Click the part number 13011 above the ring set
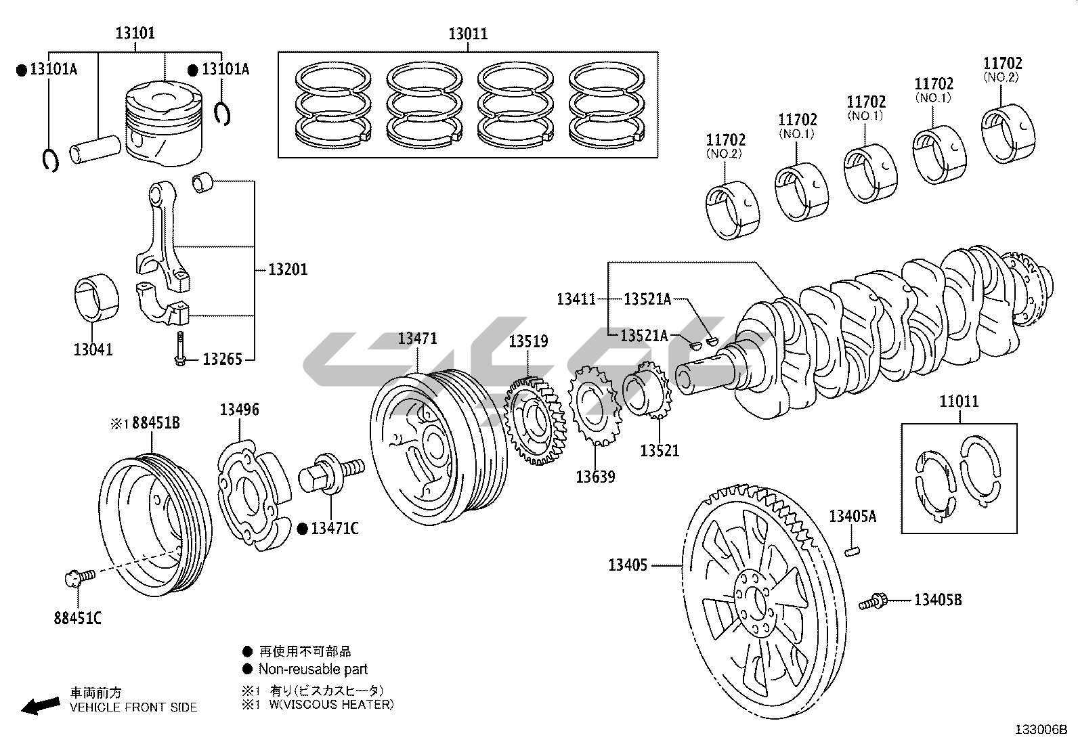[x=468, y=34]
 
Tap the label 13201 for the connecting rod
[x=288, y=269]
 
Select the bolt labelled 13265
[x=180, y=348]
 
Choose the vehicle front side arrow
[x=40, y=705]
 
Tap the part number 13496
[x=239, y=410]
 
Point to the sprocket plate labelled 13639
[x=594, y=406]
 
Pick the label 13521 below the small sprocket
[x=660, y=450]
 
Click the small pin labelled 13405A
[x=852, y=552]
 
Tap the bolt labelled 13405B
[x=874, y=600]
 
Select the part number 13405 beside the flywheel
[x=628, y=565]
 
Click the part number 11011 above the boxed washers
[x=959, y=401]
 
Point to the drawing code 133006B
[x=1041, y=730]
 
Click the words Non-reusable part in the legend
[x=313, y=669]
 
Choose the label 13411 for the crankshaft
[x=576, y=299]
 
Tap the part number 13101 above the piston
[x=135, y=33]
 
